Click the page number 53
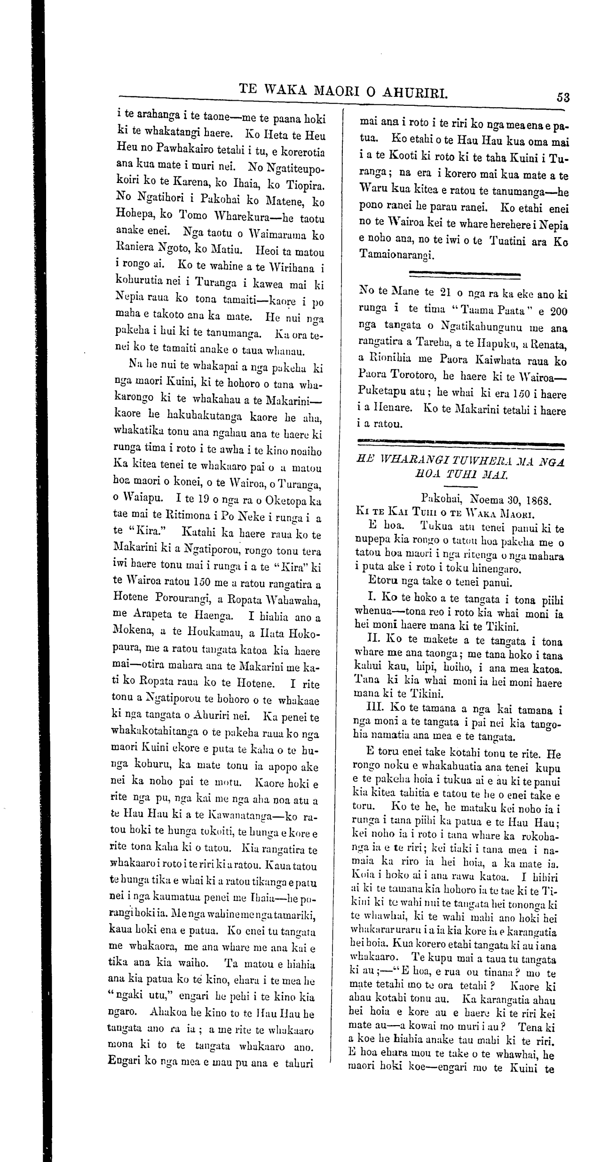point(563,97)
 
